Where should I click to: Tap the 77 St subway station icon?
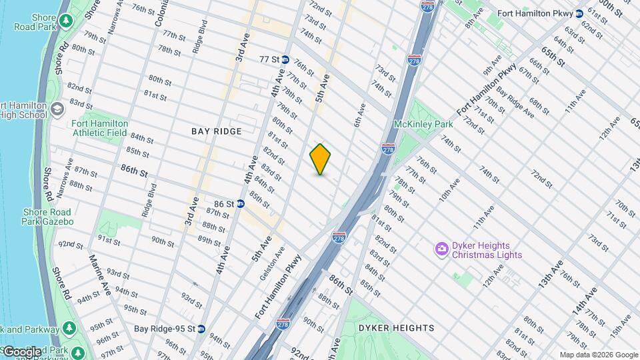285,59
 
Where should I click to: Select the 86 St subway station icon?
240,203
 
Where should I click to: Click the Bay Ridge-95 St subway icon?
201,329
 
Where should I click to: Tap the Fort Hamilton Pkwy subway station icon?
579,13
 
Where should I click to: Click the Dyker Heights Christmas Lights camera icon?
441,249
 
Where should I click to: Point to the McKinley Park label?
423,124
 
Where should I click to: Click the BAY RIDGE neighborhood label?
216,131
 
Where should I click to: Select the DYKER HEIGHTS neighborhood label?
396,328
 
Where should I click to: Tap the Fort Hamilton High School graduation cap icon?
57,108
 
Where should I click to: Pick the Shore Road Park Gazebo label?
47,217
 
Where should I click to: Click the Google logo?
21,351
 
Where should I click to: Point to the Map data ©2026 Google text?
598,355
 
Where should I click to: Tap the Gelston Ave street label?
281,263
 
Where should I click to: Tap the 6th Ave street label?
360,115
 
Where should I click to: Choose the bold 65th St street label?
553,57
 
